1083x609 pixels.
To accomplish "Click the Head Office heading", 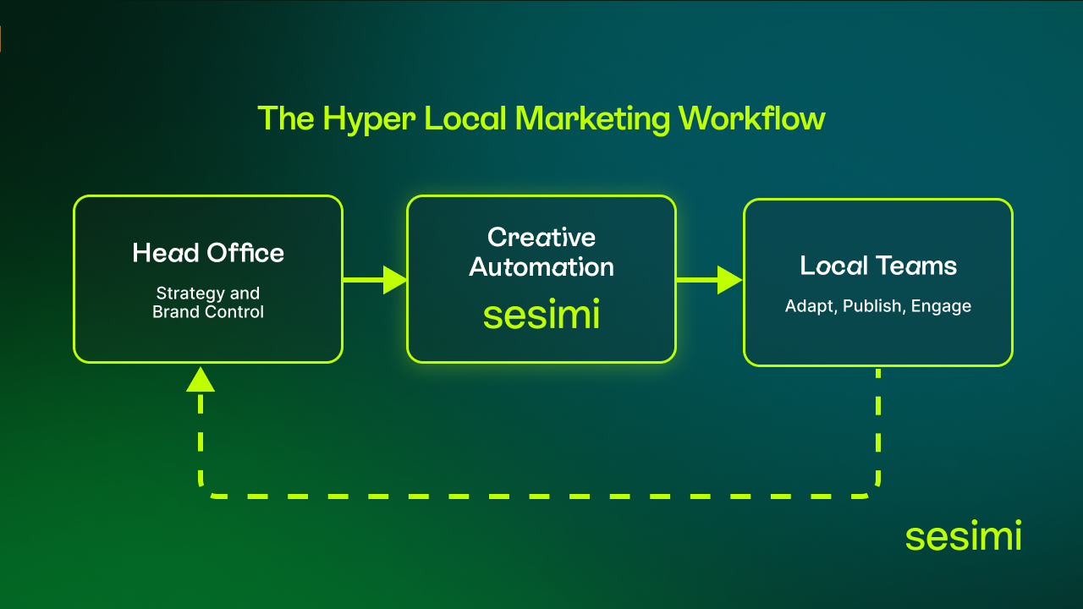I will point(208,253).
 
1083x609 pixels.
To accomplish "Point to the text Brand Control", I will point(208,312).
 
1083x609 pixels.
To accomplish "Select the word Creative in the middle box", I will point(541,237).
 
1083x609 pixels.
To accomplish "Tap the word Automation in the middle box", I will point(541,267).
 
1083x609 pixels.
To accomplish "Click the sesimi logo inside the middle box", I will point(541,315).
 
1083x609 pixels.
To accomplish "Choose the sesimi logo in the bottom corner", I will point(963,537).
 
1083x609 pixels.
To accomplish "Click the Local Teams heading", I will point(878,266).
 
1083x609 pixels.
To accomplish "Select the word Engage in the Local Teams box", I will point(941,306).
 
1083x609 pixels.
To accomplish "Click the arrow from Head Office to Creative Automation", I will point(376,279).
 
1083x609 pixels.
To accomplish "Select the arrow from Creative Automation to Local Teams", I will point(710,279).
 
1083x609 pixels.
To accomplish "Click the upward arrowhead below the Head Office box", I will point(201,380).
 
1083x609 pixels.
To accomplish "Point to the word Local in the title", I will point(462,118).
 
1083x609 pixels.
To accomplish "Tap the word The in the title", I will point(285,118).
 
